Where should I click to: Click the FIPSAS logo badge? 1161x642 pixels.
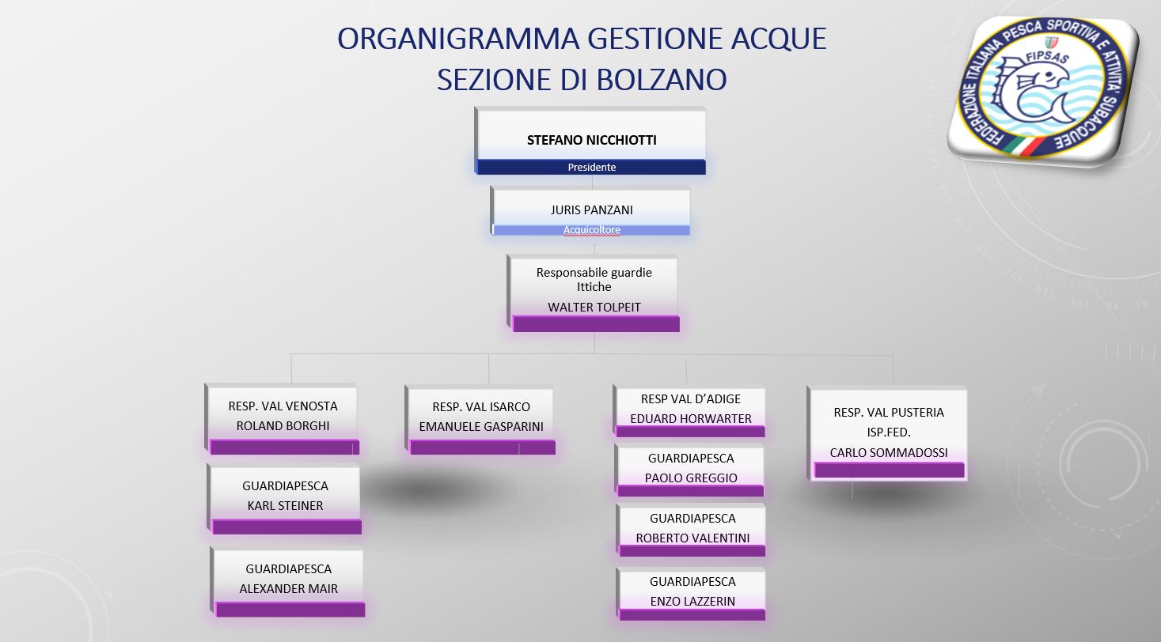1043,90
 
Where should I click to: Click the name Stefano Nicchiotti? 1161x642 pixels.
591,140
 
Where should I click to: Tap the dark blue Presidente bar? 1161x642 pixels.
591,168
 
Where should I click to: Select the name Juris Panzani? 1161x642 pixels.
591,210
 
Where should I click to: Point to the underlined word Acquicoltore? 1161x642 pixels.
591,229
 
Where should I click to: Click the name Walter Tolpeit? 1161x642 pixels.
594,307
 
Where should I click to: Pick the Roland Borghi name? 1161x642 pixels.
283,425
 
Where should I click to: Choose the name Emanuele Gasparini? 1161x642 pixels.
481,427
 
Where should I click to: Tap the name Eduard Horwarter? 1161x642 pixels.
690,418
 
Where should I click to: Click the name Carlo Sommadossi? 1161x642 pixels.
889,452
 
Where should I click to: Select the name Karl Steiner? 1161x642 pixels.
285,505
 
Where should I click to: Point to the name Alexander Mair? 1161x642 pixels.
288,589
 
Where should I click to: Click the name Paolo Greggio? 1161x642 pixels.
691,478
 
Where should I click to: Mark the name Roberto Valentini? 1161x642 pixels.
692,538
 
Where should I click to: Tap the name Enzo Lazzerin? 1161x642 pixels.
692,601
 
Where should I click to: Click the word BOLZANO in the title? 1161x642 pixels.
662,80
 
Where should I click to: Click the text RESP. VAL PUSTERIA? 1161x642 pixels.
889,412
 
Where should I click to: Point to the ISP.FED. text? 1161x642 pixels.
889,432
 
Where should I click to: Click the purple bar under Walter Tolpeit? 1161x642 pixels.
595,324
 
